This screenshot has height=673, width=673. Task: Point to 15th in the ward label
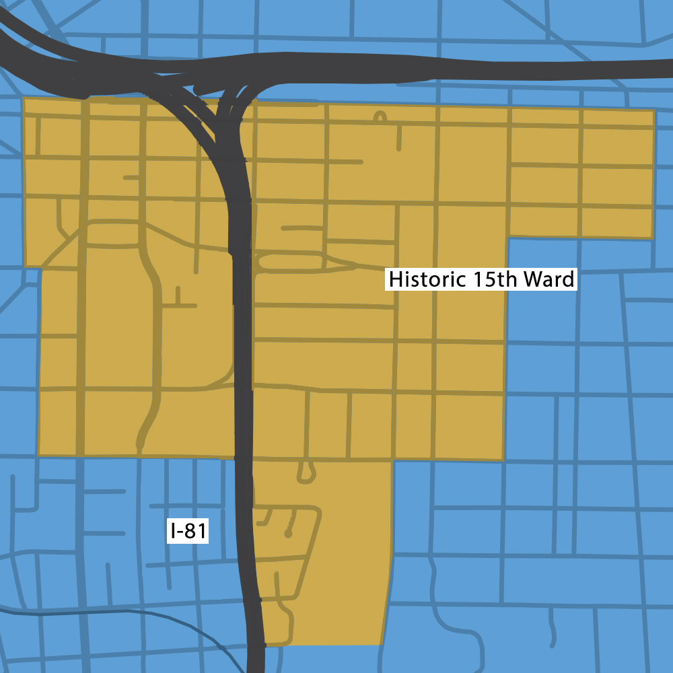coord(498,279)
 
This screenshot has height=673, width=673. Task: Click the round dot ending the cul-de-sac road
coord(288,534)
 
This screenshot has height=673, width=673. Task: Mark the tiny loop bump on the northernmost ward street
coord(380,118)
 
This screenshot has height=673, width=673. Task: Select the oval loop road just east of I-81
coord(289,262)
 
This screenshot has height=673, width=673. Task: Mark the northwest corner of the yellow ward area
coord(25,99)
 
